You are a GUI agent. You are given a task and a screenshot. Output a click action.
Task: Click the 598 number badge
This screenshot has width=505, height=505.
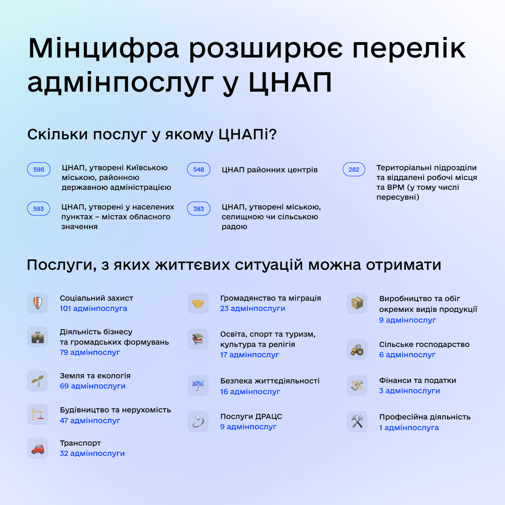click(39, 169)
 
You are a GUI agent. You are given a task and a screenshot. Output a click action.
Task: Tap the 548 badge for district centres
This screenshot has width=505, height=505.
click(199, 169)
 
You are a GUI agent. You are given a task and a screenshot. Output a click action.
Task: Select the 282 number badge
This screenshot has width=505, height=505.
click(354, 169)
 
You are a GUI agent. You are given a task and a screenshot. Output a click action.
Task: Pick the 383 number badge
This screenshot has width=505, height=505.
click(199, 209)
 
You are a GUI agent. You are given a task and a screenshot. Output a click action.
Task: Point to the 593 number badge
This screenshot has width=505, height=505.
click(39, 209)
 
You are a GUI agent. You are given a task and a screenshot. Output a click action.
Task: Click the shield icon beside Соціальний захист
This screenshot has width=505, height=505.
click(37, 303)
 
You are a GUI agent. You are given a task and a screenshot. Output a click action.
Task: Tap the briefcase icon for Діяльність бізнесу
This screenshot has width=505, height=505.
click(37, 337)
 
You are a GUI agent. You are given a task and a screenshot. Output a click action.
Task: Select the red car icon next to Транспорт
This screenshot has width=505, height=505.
click(37, 448)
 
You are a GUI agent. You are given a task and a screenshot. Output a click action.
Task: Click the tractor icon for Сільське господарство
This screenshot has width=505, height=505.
click(357, 349)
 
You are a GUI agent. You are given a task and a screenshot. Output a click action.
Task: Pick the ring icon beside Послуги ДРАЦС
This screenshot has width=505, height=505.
click(198, 421)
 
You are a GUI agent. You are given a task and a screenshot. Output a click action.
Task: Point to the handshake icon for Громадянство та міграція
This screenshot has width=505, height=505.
click(198, 303)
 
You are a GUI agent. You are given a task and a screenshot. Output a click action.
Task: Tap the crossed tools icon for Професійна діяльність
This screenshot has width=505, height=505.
click(357, 421)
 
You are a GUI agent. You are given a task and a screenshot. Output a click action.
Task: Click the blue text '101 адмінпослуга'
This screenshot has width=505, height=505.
click(94, 309)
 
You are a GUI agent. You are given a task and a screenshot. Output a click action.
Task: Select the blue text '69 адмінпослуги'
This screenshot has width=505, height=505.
click(93, 386)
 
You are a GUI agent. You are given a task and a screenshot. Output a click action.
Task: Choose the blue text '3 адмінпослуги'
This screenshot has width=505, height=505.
click(410, 391)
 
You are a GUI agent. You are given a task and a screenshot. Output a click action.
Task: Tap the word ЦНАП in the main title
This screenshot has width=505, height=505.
click(290, 83)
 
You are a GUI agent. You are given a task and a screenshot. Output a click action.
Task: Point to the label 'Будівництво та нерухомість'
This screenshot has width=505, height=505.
click(115, 410)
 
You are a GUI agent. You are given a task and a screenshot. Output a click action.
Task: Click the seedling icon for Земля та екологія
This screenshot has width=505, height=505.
click(37, 381)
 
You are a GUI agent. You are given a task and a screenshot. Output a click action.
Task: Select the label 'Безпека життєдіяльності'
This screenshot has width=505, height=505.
click(270, 381)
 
